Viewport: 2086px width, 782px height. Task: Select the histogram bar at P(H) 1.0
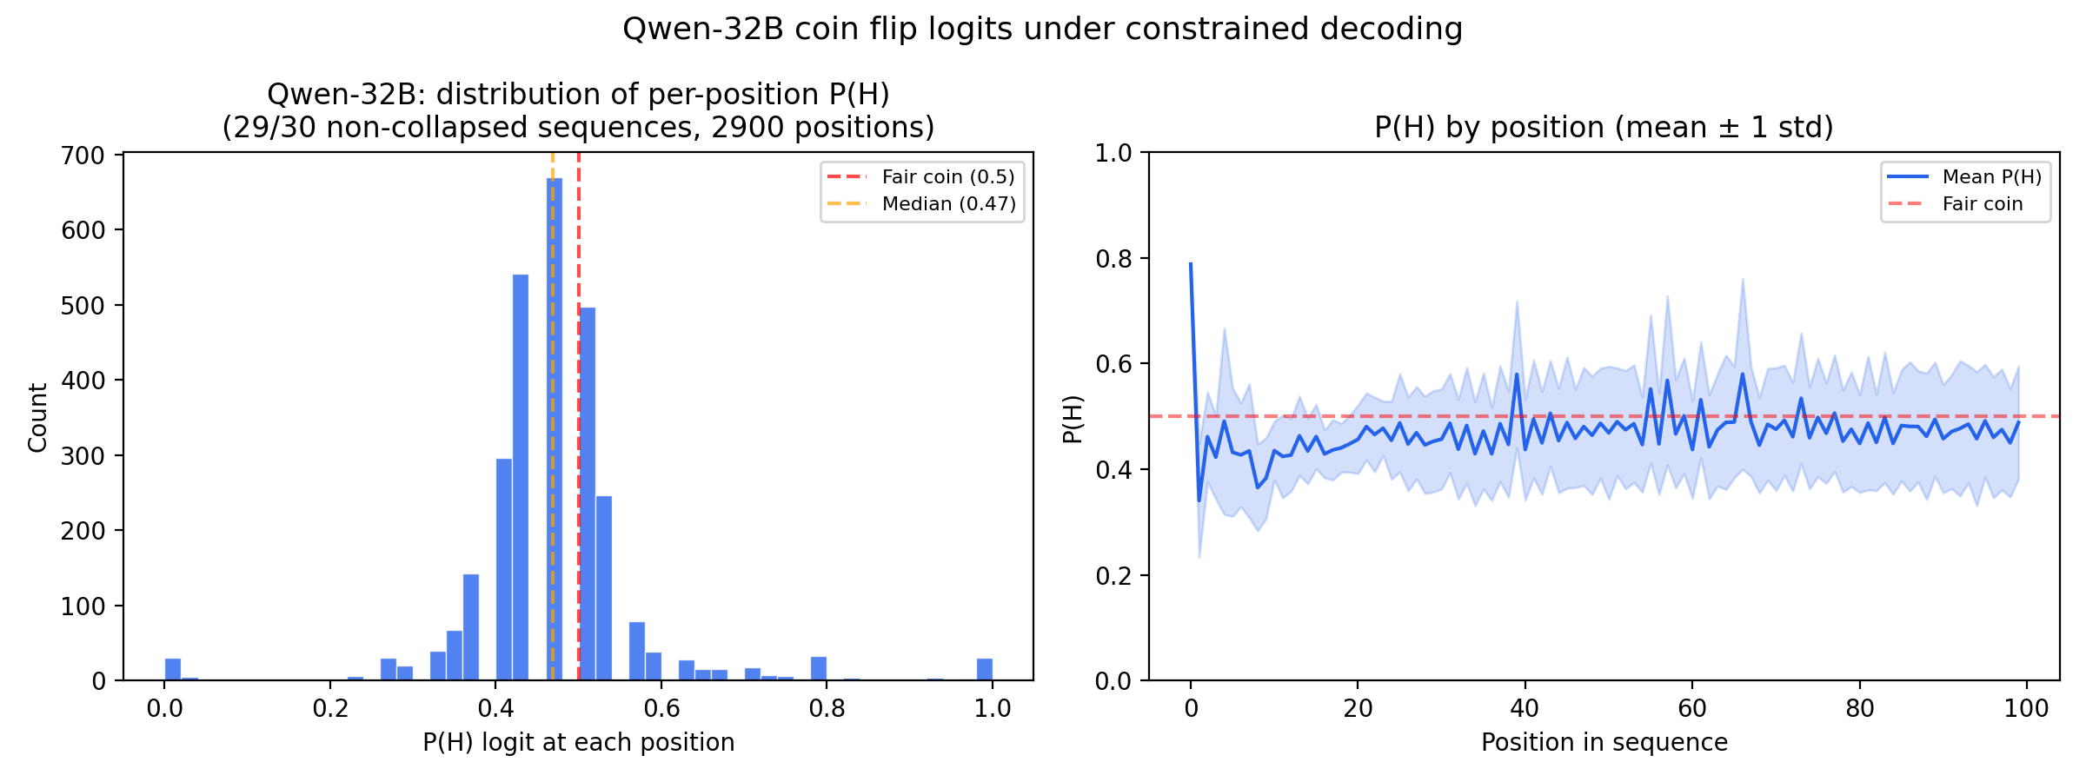[x=984, y=670]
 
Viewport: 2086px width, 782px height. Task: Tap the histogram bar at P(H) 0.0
[x=173, y=670]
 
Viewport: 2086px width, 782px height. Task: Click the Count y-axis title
[x=37, y=418]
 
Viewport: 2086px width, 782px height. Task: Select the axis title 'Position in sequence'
[x=1604, y=743]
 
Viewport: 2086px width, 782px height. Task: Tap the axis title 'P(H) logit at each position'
[x=578, y=743]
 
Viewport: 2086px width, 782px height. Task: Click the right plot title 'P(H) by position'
[x=1604, y=128]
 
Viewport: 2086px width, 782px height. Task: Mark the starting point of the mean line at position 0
[x=1191, y=264]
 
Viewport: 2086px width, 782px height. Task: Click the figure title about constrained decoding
[x=1042, y=30]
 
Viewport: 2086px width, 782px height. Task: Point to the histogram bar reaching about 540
[x=521, y=478]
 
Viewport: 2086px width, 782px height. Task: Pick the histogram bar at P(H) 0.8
[x=819, y=669]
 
